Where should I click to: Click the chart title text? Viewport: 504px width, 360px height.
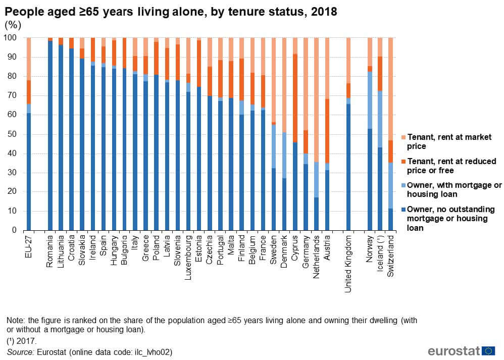pyautogui.click(x=171, y=11)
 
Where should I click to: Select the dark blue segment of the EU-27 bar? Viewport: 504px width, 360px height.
pyautogui.click(x=28, y=171)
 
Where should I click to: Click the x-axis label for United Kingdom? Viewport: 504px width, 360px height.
pyautogui.click(x=348, y=258)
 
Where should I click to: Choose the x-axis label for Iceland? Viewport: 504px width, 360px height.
pyautogui.click(x=380, y=250)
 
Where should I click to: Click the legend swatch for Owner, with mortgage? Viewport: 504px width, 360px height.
pyautogui.click(x=402, y=185)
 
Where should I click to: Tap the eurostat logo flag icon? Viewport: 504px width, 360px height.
pyautogui.click(x=488, y=350)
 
